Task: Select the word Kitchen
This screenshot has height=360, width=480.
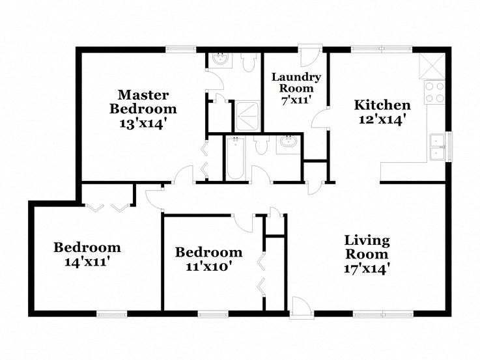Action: click(382, 105)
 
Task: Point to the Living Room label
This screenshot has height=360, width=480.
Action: click(367, 247)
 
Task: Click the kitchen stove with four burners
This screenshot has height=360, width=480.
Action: click(434, 92)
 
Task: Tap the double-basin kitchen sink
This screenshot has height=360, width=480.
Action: click(437, 147)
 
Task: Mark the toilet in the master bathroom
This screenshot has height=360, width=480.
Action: click(248, 62)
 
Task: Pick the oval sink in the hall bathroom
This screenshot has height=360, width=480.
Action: click(288, 144)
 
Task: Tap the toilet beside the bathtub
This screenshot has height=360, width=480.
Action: click(261, 145)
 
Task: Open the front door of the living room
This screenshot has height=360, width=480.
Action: click(300, 306)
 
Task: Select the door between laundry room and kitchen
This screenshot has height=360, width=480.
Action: click(321, 120)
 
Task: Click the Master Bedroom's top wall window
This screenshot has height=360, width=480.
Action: click(180, 48)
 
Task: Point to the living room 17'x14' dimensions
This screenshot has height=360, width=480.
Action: click(367, 268)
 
